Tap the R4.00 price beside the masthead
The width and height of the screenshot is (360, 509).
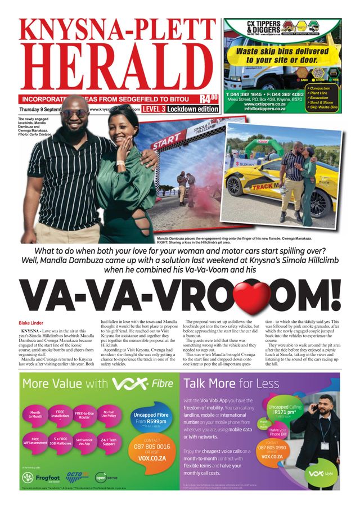(209, 101)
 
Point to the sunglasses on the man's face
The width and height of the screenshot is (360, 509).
(75, 112)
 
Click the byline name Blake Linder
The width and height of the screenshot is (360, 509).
(31, 323)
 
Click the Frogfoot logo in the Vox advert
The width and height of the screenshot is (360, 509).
(43, 478)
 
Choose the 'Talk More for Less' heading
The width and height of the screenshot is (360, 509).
(231, 384)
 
